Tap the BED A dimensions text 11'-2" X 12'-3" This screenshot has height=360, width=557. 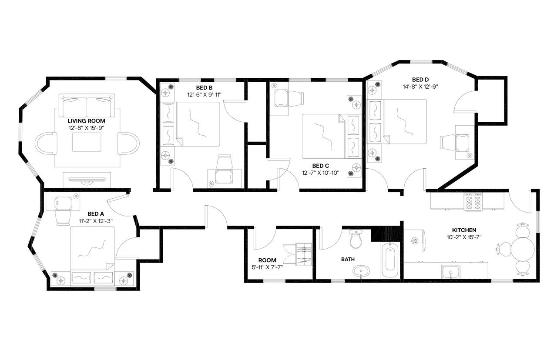[x=96, y=220]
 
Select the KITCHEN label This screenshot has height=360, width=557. [x=464, y=230]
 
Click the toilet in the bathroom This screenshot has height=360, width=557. [x=356, y=239]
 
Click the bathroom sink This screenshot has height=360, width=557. [x=361, y=272]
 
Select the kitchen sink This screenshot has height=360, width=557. [x=451, y=272]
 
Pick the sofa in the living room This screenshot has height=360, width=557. [x=87, y=105]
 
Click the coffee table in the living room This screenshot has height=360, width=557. [x=87, y=142]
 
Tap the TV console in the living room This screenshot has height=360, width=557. [x=87, y=180]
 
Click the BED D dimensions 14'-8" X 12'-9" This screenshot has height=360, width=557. [x=420, y=86]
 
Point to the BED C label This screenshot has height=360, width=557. [x=318, y=166]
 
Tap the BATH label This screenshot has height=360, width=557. [x=347, y=260]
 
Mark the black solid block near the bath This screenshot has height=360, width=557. [x=385, y=234]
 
